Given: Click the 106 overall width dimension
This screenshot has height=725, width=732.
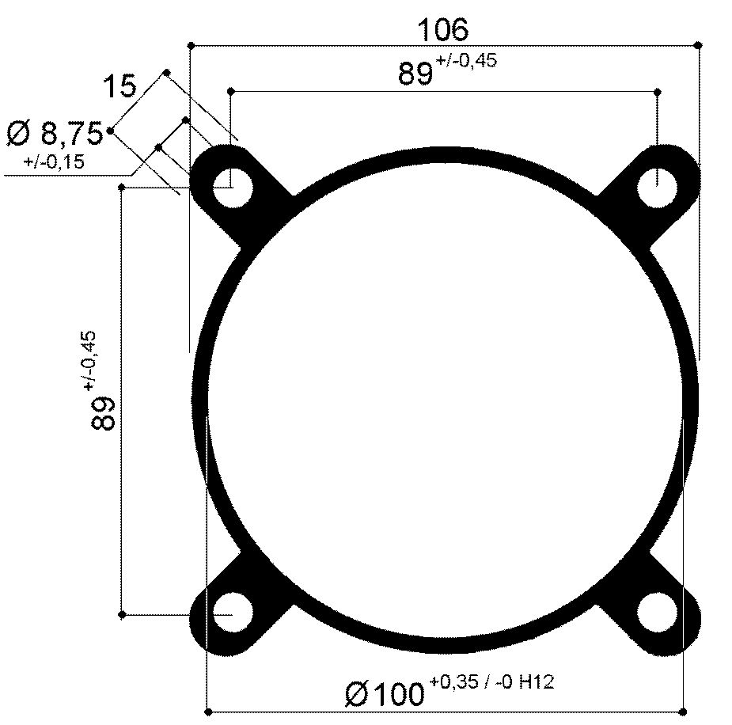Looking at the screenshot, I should [x=443, y=29].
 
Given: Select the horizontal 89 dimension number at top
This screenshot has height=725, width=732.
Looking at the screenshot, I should [x=415, y=74].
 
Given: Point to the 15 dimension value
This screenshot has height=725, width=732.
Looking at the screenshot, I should [x=119, y=85].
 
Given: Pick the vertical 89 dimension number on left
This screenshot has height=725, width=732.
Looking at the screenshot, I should [x=104, y=412].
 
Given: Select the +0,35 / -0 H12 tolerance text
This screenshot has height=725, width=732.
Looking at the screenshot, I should [x=491, y=681].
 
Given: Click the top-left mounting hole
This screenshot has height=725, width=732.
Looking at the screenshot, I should [x=231, y=188].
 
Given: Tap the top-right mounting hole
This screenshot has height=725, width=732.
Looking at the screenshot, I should [x=658, y=188].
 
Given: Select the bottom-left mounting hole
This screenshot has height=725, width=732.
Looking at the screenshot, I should [x=231, y=614].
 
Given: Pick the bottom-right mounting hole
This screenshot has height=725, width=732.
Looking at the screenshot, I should [x=658, y=614].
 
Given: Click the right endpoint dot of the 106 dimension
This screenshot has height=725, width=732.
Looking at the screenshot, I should [x=697, y=45].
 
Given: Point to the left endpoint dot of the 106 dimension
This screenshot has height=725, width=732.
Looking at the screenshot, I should [x=191, y=45].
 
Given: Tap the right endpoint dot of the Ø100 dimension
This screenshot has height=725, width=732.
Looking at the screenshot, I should [x=682, y=711].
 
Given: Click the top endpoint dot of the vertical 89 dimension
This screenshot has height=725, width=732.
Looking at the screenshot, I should [x=121, y=187].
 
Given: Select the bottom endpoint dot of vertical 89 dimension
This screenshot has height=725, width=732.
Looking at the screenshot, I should [x=121, y=614].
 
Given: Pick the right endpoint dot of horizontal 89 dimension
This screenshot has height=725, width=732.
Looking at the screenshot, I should [x=658, y=92].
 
